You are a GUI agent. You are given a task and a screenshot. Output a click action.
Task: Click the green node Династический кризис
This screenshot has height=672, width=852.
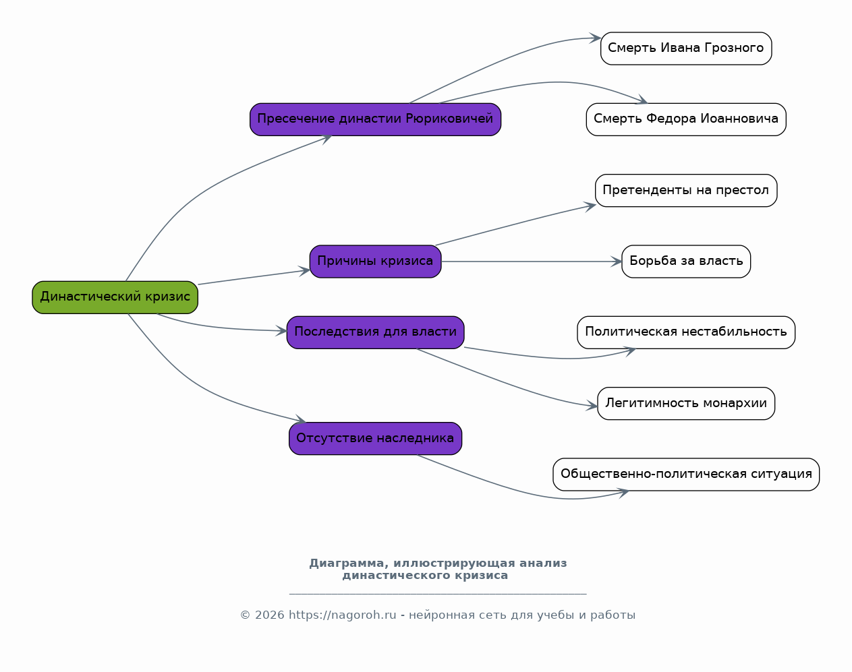pyautogui.click(x=115, y=297)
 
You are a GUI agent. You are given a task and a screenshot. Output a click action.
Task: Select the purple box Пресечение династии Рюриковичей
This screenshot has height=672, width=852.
pyautogui.click(x=375, y=119)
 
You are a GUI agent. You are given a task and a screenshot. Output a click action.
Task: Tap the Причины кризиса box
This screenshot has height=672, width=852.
pyautogui.click(x=375, y=262)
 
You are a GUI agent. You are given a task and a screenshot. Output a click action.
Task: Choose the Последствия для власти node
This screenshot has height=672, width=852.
pyautogui.click(x=375, y=332)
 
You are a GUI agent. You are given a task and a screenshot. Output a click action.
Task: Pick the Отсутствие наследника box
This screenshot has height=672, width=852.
pyautogui.click(x=375, y=439)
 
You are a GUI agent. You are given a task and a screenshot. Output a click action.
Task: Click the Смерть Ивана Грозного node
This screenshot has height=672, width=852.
pyautogui.click(x=686, y=49)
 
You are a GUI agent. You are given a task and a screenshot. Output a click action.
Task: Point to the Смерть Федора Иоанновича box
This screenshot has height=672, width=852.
pyautogui.click(x=686, y=119)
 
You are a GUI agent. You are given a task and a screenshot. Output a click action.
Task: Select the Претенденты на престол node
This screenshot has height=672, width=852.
pyautogui.click(x=686, y=190)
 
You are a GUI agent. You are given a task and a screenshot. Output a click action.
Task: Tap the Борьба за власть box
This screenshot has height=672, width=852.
pyautogui.click(x=686, y=262)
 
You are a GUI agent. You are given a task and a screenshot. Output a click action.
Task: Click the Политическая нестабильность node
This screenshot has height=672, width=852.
pyautogui.click(x=686, y=332)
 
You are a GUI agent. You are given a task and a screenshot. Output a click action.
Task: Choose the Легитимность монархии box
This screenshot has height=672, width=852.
pyautogui.click(x=686, y=404)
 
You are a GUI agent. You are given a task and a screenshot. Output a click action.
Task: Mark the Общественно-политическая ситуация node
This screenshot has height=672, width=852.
pyautogui.click(x=686, y=475)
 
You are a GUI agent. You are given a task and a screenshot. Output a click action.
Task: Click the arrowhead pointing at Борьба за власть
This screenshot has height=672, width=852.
pyautogui.click(x=617, y=262)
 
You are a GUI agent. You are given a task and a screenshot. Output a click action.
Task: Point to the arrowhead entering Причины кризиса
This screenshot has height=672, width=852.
pyautogui.click(x=304, y=271)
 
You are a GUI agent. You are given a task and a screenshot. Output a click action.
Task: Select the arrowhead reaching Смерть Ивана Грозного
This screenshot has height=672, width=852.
pyautogui.click(x=596, y=38)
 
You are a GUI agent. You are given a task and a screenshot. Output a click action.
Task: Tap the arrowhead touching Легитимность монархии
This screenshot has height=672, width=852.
pyautogui.click(x=592, y=405)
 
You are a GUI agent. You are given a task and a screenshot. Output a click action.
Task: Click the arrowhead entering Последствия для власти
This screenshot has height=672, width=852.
pyautogui.click(x=281, y=331)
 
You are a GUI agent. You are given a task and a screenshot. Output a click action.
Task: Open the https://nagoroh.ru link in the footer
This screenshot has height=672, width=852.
pyautogui.click(x=343, y=615)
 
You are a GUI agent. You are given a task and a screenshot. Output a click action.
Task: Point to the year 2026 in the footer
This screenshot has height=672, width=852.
pyautogui.click(x=270, y=615)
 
